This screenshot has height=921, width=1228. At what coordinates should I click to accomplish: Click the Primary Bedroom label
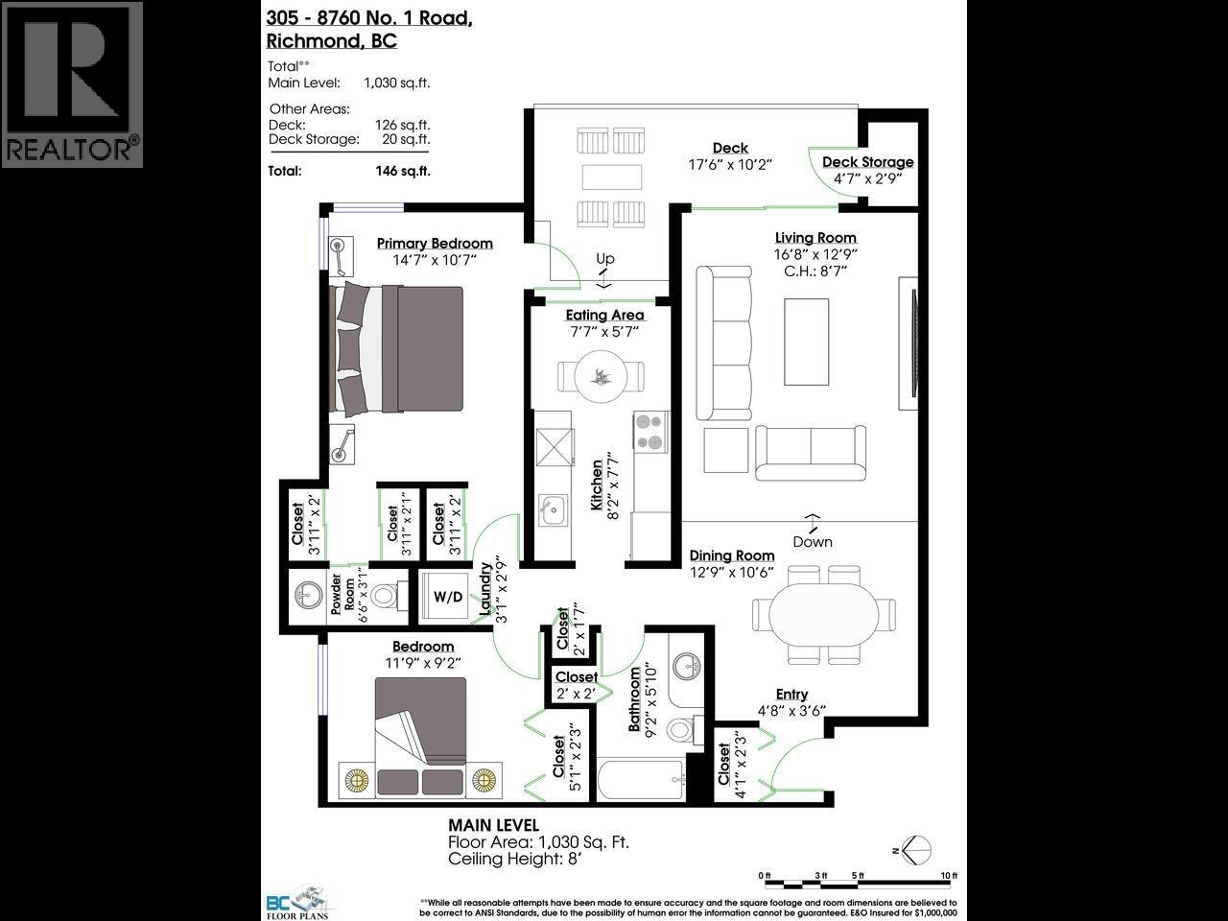(x=434, y=244)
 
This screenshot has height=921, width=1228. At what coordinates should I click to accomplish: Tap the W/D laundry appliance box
(x=447, y=597)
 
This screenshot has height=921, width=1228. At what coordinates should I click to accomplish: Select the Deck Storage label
(x=867, y=162)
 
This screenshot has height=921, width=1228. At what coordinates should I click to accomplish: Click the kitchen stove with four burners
(x=650, y=431)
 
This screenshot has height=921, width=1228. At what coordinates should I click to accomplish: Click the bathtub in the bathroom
(x=640, y=780)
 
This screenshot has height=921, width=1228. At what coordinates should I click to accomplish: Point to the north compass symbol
(x=914, y=848)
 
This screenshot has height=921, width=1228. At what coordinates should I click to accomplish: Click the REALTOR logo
(x=72, y=84)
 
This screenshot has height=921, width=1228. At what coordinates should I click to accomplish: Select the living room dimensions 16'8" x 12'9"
(x=815, y=254)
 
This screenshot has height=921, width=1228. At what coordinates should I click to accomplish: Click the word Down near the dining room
(x=812, y=542)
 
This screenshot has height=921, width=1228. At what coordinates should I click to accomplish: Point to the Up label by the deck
(x=604, y=259)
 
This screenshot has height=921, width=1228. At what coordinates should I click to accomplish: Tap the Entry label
(x=791, y=695)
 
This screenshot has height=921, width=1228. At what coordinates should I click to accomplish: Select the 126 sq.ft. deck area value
(x=402, y=125)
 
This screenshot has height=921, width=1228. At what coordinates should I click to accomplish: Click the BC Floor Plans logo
(x=296, y=901)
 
